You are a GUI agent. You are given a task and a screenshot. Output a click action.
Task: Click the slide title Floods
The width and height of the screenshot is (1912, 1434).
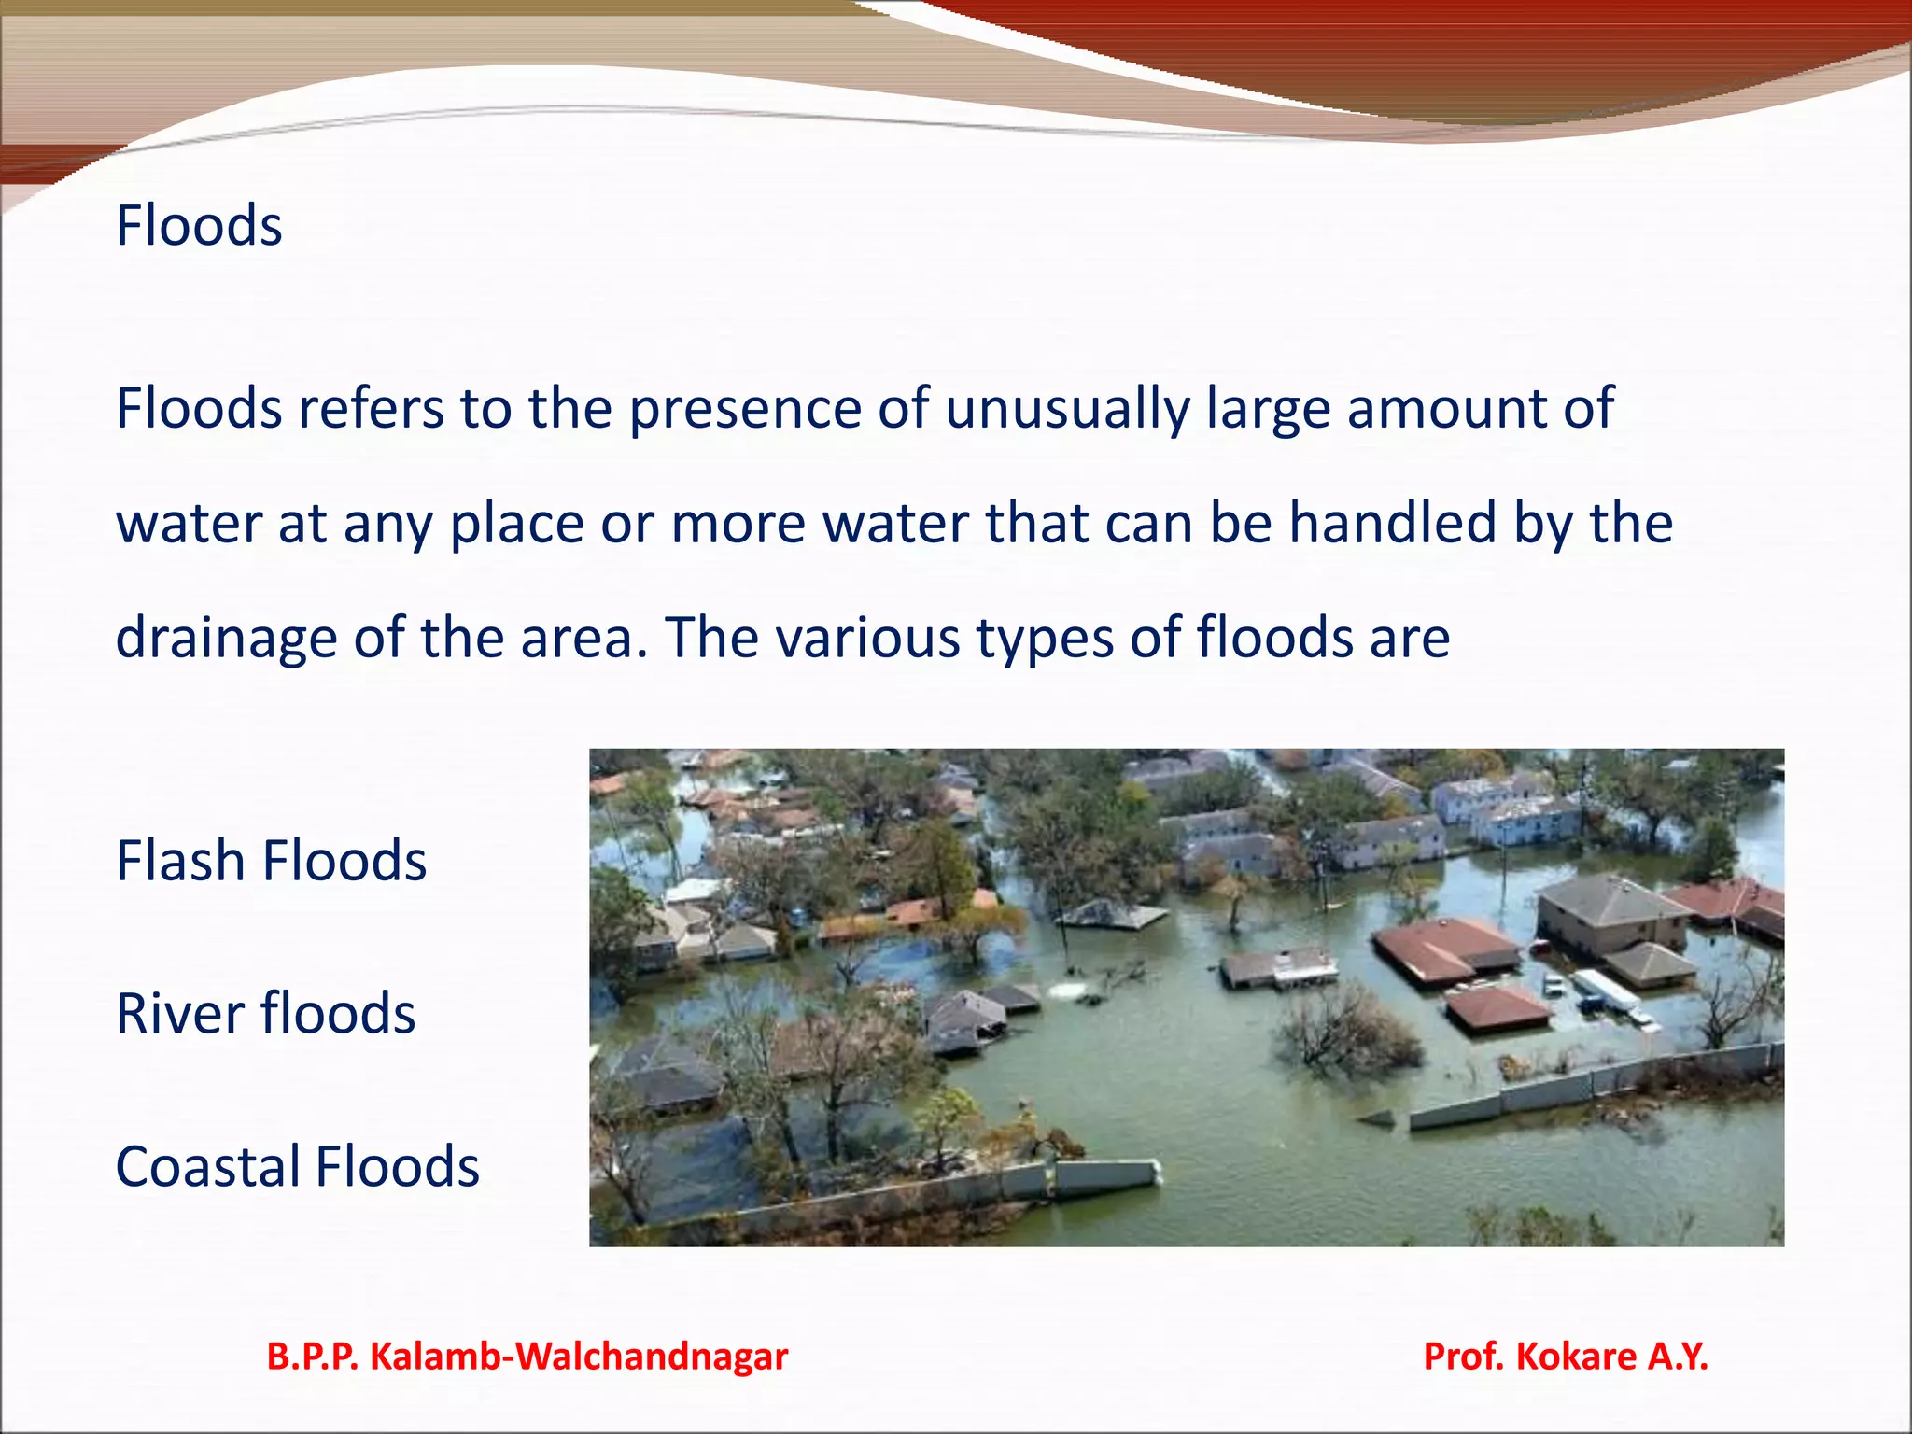(x=199, y=226)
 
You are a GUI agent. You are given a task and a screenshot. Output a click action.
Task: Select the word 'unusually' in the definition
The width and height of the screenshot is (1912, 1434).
(x=1066, y=409)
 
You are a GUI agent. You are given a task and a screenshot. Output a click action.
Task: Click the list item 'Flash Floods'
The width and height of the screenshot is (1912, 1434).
(x=271, y=861)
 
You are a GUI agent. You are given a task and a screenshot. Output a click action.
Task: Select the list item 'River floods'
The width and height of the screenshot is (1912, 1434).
(x=265, y=1014)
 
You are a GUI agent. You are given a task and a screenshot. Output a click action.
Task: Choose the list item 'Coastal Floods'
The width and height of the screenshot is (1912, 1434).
(x=297, y=1167)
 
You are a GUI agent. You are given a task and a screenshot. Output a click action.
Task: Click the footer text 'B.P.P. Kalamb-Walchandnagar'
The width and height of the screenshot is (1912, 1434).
(x=527, y=1357)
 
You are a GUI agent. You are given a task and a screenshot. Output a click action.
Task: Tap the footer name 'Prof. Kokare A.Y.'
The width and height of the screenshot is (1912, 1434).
(x=1566, y=1357)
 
